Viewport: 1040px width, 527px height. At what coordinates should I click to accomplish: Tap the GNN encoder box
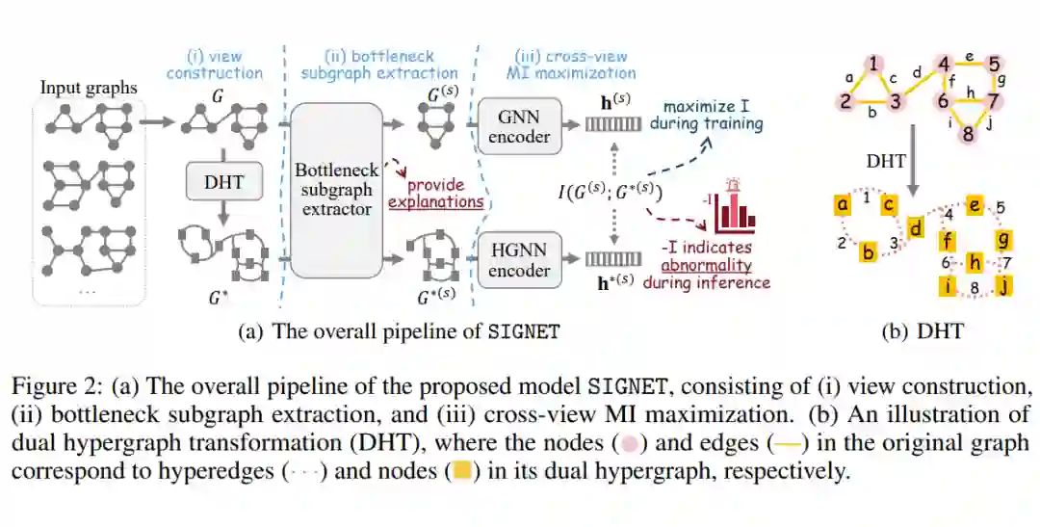[x=519, y=124]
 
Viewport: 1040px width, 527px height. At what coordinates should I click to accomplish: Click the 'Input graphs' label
[x=89, y=88]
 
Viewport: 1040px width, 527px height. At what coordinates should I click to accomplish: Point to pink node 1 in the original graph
[x=873, y=65]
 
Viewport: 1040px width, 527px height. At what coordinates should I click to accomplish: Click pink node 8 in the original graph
[x=968, y=135]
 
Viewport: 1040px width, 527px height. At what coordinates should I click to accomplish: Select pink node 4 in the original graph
[x=944, y=66]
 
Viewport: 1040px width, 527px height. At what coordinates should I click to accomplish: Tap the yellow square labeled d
[x=915, y=228]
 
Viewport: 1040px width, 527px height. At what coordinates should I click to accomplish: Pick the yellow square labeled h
[x=975, y=262]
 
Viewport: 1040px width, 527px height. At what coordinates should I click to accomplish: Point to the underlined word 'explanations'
[x=435, y=202]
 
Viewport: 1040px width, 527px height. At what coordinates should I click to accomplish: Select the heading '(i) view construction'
[x=214, y=65]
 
